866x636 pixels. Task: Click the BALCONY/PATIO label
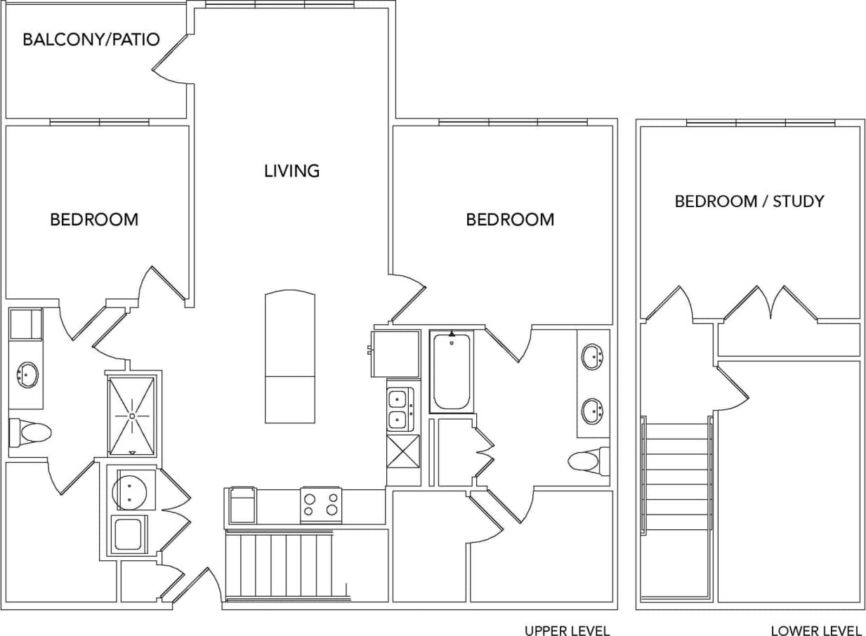point(91,39)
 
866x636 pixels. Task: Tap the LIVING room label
point(291,171)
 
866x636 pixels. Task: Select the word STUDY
point(799,201)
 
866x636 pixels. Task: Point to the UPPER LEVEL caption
point(567,630)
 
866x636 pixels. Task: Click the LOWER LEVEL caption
point(816,630)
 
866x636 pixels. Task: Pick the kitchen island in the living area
point(289,358)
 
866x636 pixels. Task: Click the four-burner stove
point(321,505)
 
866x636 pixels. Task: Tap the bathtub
point(451,372)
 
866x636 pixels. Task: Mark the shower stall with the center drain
point(131,416)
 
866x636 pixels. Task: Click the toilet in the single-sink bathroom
point(29,432)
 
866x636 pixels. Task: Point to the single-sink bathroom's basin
point(27,375)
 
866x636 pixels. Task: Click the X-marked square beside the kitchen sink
point(403,460)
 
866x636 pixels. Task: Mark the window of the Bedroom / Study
point(760,124)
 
